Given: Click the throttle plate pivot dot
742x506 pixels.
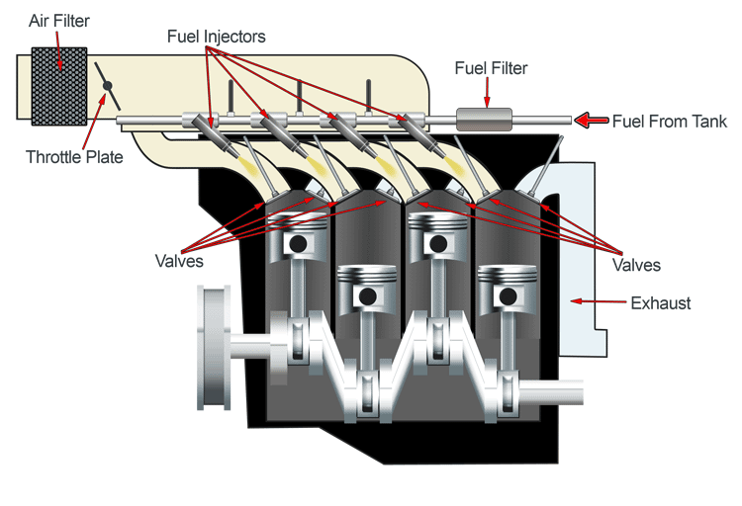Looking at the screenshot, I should coord(107,87).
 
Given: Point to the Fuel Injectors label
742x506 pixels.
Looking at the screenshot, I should coord(216,37).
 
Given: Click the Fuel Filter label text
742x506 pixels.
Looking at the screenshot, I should coord(491,68).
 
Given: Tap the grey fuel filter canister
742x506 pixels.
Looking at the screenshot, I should coord(483,120).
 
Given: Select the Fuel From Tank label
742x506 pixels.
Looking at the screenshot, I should coord(669,122).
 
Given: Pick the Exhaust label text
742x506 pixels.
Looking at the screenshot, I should coord(661,302).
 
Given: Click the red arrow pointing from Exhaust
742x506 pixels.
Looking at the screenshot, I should coord(598,301).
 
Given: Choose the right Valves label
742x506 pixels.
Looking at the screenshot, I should coord(636,265).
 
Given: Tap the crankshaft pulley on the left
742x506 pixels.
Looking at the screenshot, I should coord(216,347).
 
